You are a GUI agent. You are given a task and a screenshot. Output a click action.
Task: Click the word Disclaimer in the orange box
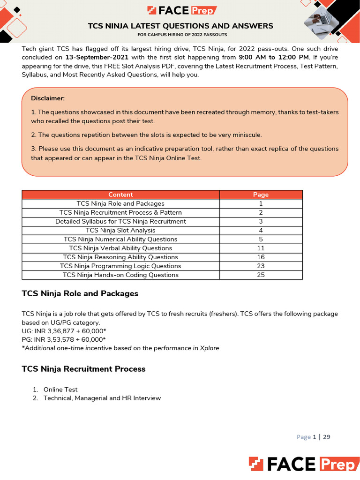(x=48, y=98)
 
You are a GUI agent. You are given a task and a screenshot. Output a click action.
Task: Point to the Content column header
(x=120, y=195)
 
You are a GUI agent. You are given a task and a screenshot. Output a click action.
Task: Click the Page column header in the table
(x=261, y=195)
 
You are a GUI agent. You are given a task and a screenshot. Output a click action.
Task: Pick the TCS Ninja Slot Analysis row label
(x=120, y=230)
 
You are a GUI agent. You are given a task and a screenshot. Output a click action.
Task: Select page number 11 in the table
(x=261, y=248)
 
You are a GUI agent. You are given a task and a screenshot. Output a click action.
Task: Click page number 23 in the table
(x=261, y=266)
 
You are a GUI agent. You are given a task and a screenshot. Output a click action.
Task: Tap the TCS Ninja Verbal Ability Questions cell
(x=120, y=248)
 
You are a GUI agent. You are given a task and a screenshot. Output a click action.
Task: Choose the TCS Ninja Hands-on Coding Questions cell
(x=120, y=275)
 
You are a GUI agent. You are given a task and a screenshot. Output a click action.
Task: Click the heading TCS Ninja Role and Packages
(x=80, y=294)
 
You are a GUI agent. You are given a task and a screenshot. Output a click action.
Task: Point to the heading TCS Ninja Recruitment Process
(x=83, y=369)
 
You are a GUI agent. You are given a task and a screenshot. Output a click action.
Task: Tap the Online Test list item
(x=60, y=390)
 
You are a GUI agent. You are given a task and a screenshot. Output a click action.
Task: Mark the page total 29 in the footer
(x=327, y=437)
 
